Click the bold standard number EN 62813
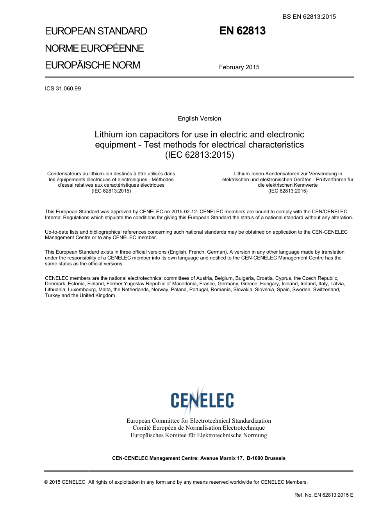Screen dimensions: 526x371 [x=242, y=31]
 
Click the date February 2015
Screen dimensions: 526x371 [x=239, y=67]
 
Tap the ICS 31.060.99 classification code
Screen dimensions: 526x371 [x=63, y=88]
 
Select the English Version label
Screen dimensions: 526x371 [x=199, y=119]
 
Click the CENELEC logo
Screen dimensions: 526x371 [x=202, y=399]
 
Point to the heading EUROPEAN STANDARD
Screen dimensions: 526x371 [x=96, y=31]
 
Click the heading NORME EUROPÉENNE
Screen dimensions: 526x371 [x=95, y=48]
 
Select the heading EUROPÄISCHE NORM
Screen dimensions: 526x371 [x=93, y=65]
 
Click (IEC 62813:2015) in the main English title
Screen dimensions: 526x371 [x=200, y=155]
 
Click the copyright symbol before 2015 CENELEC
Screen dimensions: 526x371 [x=46, y=482]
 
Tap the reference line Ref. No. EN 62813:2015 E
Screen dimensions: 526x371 [x=324, y=495]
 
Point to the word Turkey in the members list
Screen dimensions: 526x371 [x=53, y=295]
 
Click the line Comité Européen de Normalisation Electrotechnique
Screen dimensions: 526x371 [x=198, y=428]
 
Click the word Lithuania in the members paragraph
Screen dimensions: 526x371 [x=55, y=290]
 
